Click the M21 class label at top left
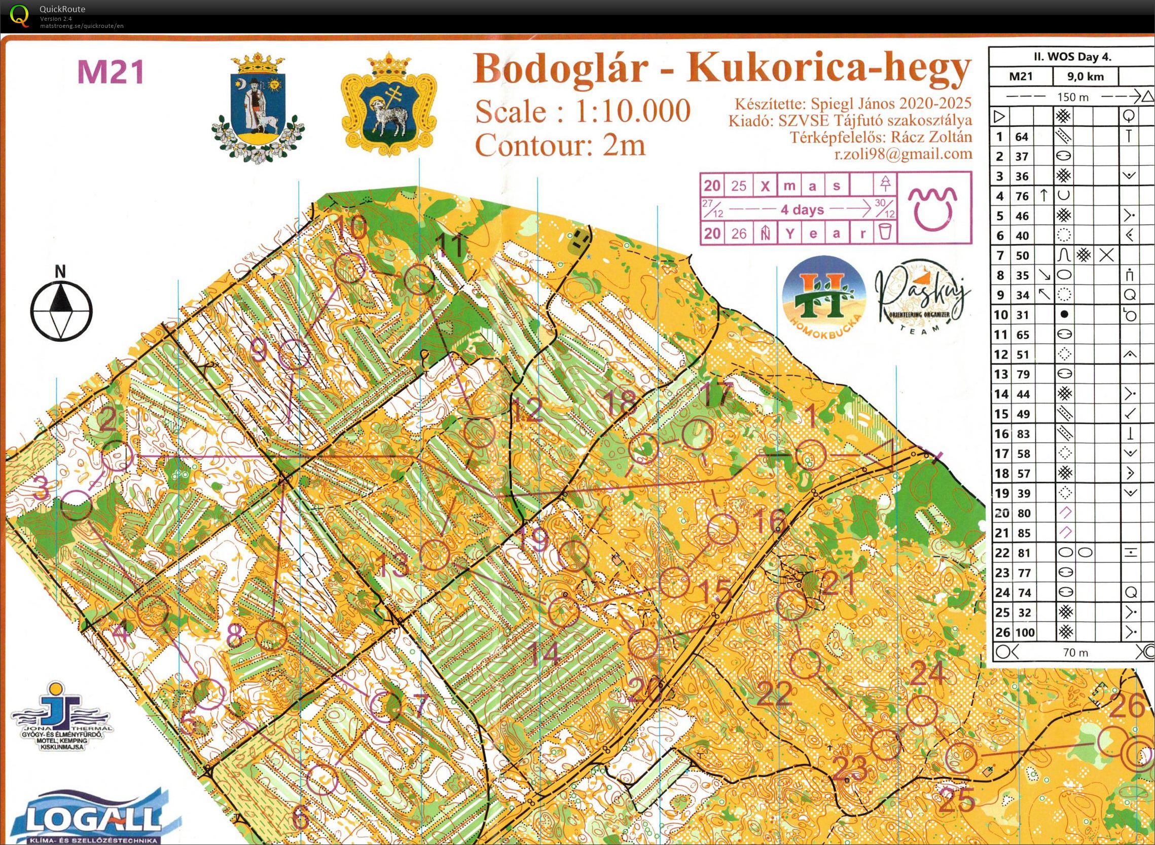tap(110, 72)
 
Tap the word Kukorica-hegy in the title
tap(828, 68)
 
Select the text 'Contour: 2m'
tap(561, 145)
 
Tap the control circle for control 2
tap(117, 456)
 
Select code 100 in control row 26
tap(1025, 632)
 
